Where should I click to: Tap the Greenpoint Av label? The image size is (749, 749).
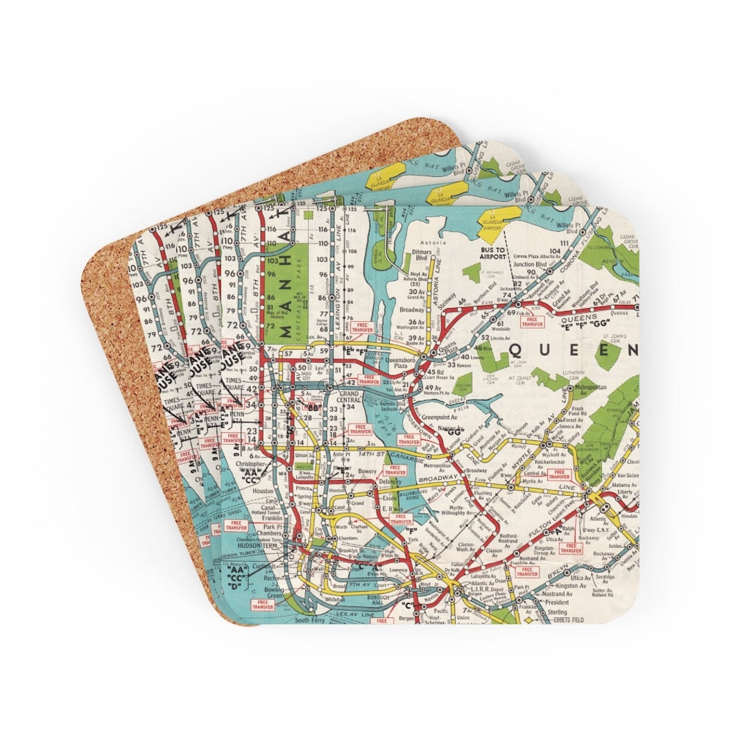click(432, 417)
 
